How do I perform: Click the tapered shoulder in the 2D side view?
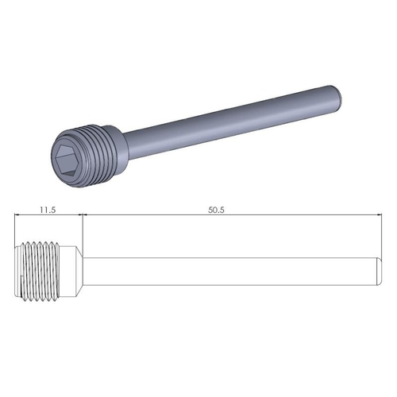click(77, 271)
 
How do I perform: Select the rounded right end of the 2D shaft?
click(376, 271)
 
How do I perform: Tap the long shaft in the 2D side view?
click(230, 271)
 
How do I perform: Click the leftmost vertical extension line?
click(17, 230)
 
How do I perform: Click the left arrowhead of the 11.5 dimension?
click(20, 216)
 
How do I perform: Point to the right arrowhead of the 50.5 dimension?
click(376, 216)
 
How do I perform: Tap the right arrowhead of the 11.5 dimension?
click(79, 216)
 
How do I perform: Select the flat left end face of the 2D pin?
click(17, 271)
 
